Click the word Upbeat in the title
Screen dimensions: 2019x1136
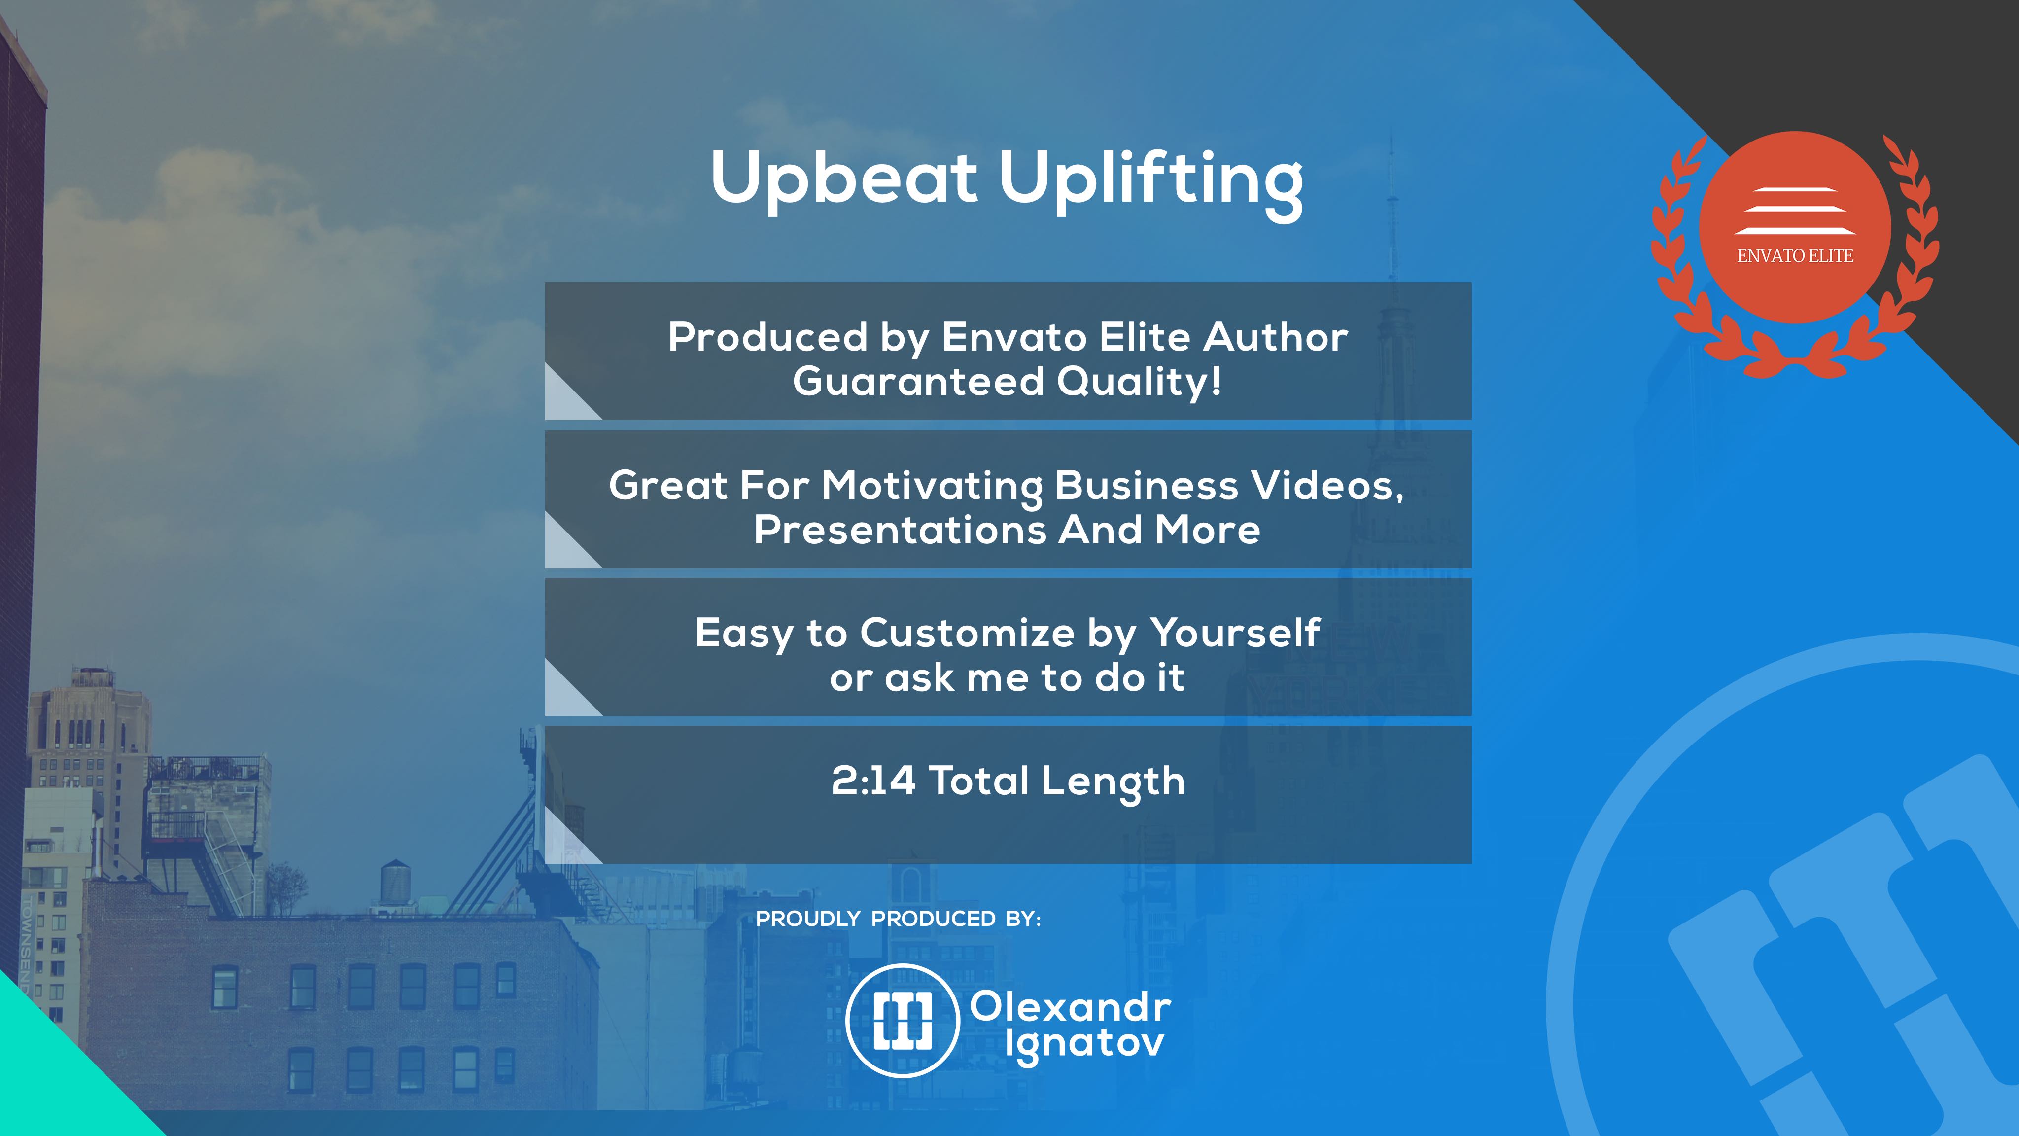pos(844,179)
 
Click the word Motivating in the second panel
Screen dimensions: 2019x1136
pos(932,487)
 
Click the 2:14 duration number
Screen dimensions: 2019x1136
pos(873,781)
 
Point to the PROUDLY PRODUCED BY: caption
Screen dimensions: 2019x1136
pos(898,919)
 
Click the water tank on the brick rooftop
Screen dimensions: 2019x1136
pos(395,883)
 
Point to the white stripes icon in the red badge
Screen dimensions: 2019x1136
pos(1795,211)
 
